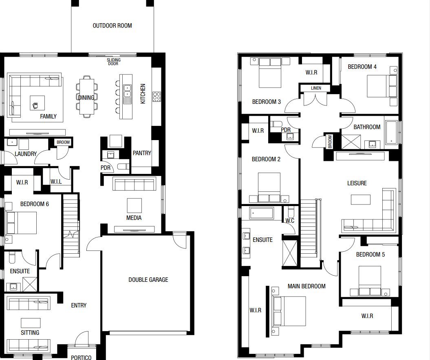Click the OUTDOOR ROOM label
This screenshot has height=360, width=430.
coord(112,26)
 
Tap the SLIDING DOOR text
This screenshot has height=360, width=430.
coord(114,61)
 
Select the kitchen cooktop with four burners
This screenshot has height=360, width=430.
coord(157,97)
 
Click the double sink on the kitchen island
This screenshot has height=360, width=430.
coord(127,91)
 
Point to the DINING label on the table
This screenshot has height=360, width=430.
coord(86,98)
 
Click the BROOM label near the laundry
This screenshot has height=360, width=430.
coord(63,142)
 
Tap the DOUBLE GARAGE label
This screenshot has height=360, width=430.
coord(148,280)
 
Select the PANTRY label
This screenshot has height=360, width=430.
coord(142,153)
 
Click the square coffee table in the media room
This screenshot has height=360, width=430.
coord(135,206)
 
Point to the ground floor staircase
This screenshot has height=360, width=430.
coord(71,225)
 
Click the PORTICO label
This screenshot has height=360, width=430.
coord(81,357)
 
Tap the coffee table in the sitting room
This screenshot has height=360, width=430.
coord(31,323)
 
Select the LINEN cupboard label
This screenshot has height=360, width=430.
coord(316,88)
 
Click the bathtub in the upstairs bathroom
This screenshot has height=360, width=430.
coord(391,132)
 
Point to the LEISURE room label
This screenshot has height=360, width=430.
coord(357,183)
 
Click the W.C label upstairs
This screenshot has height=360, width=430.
coord(290,221)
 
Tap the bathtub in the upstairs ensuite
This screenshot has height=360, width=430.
coord(261,213)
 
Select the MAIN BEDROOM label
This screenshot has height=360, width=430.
coord(307,286)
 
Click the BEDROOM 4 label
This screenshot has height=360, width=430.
coord(362,67)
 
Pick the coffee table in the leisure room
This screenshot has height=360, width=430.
coord(361,200)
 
